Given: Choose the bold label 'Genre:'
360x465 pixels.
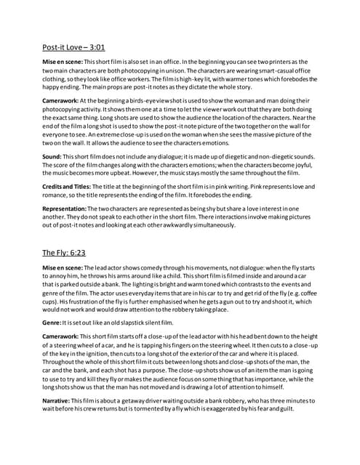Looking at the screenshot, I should click(52, 321).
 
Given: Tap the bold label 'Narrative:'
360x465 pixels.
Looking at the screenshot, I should click(57, 400).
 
